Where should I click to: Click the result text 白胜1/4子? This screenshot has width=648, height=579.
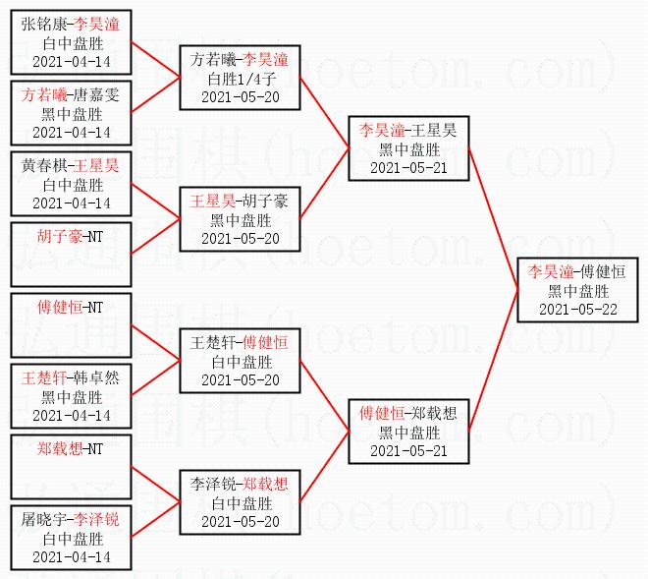(240, 80)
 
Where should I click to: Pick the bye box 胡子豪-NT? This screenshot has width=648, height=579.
(72, 253)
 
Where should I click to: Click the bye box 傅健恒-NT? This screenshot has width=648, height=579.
(72, 323)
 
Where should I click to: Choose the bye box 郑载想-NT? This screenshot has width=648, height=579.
(72, 465)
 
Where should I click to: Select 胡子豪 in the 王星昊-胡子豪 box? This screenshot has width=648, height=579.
(267, 201)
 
